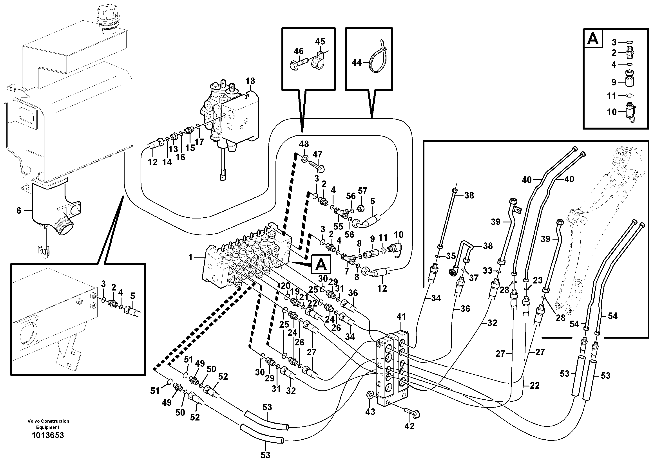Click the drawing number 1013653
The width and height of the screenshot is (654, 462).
(48, 435)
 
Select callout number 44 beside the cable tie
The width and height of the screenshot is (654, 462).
(357, 62)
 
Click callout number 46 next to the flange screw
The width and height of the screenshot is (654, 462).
(299, 51)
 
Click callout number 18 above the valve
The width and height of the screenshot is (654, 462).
(250, 81)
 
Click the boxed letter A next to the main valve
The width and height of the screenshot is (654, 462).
(321, 264)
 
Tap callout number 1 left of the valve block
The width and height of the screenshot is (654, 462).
(190, 257)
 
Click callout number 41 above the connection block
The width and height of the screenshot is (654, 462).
(401, 317)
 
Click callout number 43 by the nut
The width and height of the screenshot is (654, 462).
(370, 412)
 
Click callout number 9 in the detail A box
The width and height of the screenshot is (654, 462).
(614, 82)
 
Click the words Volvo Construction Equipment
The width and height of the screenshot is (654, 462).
(48, 424)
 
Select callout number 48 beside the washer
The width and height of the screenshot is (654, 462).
(304, 144)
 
